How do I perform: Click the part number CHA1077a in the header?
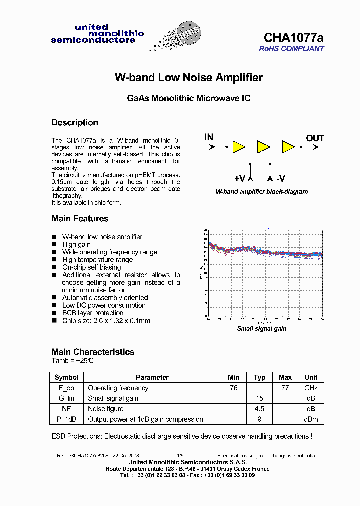click(x=294, y=38)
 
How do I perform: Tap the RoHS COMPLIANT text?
click(x=291, y=49)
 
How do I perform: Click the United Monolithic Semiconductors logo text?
click(x=97, y=34)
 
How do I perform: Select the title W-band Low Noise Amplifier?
click(x=189, y=78)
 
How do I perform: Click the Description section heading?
click(x=75, y=123)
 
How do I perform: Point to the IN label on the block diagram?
click(x=209, y=137)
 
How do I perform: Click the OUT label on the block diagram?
click(x=315, y=138)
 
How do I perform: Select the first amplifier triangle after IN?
click(x=238, y=147)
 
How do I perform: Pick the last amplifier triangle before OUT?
click(x=288, y=147)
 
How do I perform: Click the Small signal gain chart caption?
click(x=261, y=329)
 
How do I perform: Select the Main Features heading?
click(x=80, y=219)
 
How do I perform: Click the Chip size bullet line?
click(x=106, y=321)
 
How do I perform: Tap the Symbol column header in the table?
click(x=66, y=377)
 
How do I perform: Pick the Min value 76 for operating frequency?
click(x=233, y=388)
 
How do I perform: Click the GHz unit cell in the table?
click(x=311, y=388)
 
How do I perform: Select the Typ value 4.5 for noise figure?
click(x=260, y=409)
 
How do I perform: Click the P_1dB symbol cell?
click(x=66, y=419)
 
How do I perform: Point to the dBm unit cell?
click(x=311, y=419)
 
